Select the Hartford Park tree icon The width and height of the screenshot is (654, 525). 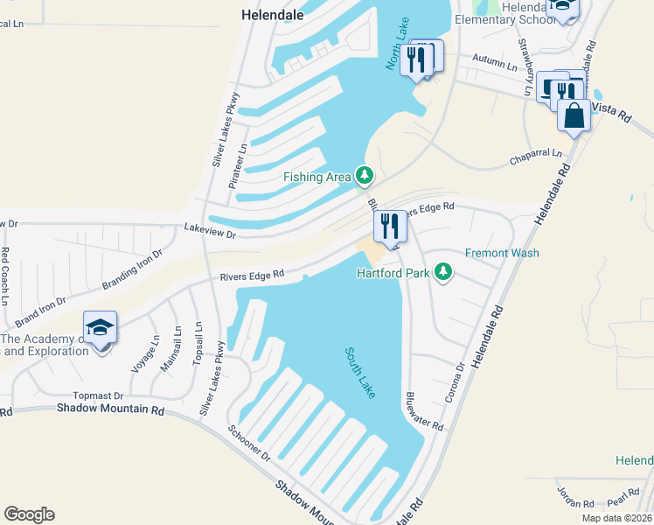(444, 272)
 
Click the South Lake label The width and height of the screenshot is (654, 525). (359, 373)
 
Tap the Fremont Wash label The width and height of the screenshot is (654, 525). (514, 253)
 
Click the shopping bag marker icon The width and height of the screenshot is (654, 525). (574, 115)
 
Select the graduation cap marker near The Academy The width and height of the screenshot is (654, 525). (101, 328)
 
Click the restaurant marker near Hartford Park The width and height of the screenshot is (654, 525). (390, 227)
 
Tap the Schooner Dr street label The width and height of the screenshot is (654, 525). (250, 444)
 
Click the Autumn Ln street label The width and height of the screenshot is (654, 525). (495, 62)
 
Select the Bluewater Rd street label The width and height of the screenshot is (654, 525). (423, 409)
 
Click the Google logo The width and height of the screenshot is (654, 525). (29, 514)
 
